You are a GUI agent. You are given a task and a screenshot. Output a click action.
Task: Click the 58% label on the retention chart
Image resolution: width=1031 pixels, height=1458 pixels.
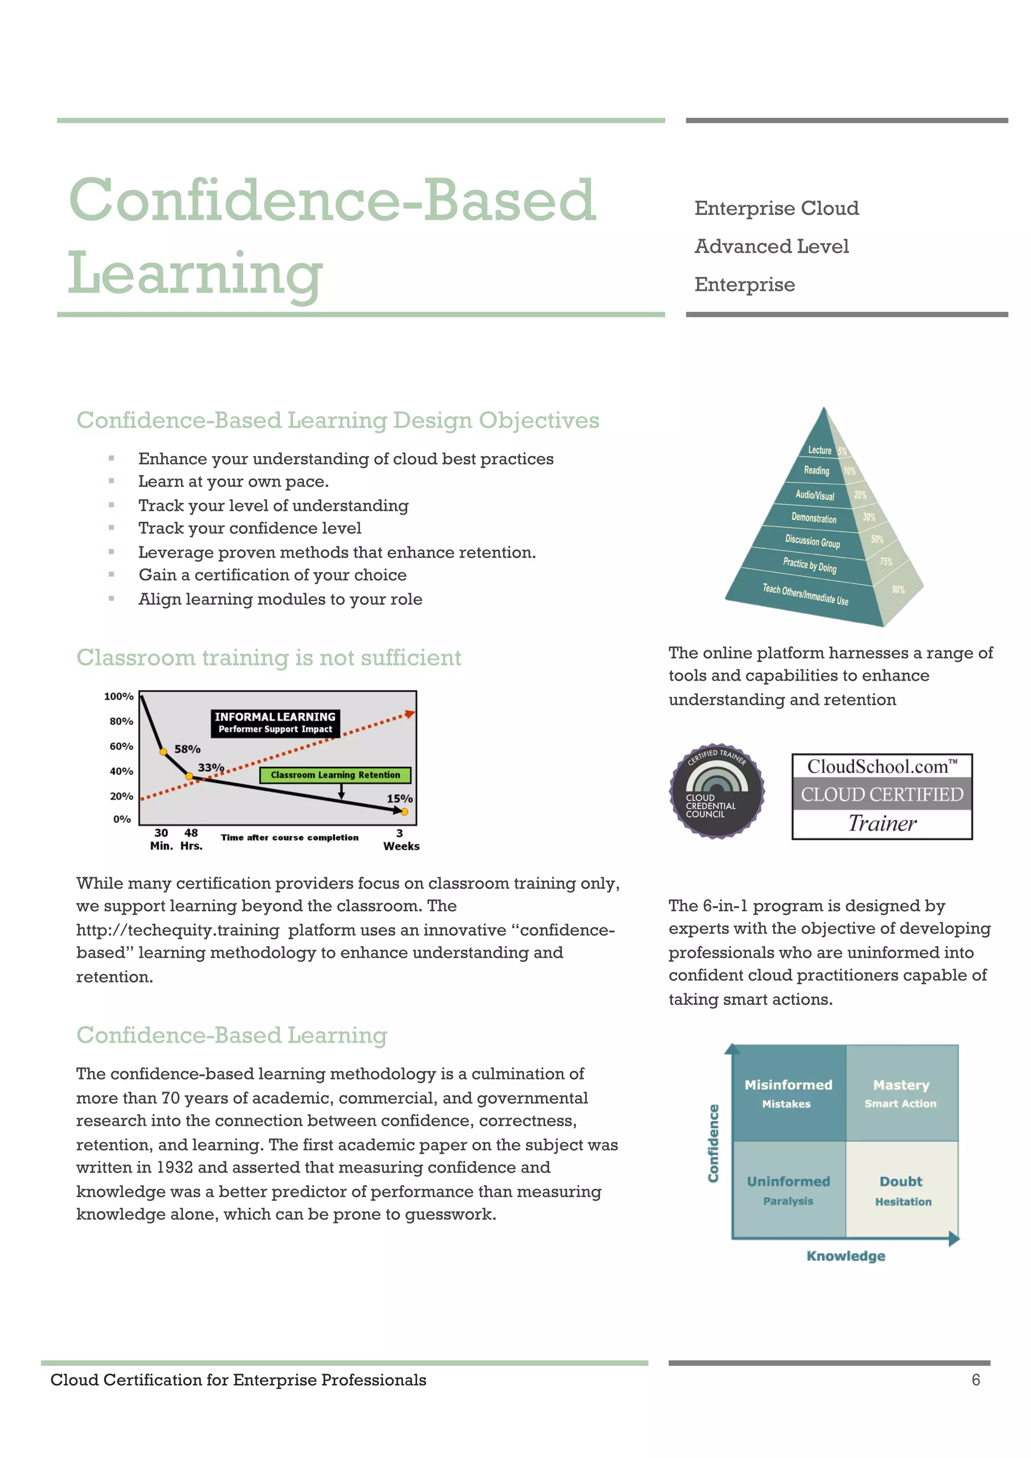187,749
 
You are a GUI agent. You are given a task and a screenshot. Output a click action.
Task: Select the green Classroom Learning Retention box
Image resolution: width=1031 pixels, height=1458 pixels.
335,775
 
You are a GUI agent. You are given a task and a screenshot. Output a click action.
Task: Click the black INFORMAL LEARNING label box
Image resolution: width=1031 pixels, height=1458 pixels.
275,722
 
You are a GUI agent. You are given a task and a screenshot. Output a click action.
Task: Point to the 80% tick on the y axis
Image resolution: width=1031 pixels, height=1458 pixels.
121,721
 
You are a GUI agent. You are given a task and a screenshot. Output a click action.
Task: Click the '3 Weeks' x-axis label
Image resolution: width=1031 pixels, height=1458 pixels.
401,839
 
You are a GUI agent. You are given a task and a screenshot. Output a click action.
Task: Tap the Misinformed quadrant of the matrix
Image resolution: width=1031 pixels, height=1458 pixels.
788,1093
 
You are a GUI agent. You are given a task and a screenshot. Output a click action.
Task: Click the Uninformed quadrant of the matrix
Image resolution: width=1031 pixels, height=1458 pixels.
788,1189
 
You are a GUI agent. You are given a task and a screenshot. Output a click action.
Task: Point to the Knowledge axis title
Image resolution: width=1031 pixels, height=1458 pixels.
846,1256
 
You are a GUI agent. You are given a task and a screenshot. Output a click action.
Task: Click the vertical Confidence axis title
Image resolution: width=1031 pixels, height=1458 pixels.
713,1143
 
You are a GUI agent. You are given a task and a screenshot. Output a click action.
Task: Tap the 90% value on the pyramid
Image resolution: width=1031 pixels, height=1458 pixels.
898,590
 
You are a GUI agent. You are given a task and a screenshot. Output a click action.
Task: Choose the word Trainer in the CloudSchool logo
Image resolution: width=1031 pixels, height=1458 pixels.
882,824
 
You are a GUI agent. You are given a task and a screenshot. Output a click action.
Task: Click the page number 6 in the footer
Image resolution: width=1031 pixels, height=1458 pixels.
976,1380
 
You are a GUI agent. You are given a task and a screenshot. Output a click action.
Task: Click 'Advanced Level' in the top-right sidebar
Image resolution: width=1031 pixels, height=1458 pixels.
771,246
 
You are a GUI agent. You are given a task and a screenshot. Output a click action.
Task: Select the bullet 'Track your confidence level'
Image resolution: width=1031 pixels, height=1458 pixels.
250,528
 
